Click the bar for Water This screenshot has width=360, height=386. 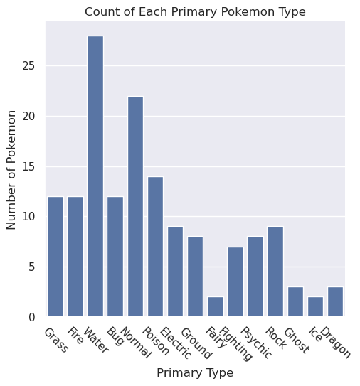[95, 176]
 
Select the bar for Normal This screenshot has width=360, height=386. [135, 206]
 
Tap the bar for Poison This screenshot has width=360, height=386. [155, 246]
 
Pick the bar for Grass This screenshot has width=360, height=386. [55, 256]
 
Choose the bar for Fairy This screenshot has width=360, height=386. [215, 306]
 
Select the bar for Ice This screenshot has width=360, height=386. [314, 306]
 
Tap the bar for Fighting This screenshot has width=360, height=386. [235, 282]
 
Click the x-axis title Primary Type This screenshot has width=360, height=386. [195, 372]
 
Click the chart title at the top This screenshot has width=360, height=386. [195, 11]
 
